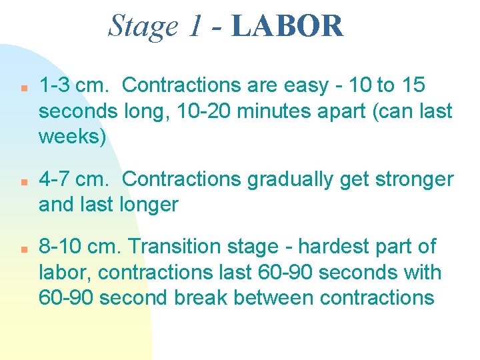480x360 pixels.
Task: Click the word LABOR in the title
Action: click(x=288, y=27)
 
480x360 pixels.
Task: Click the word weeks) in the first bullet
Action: click(x=72, y=137)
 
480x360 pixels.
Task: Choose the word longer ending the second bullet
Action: click(x=148, y=205)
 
